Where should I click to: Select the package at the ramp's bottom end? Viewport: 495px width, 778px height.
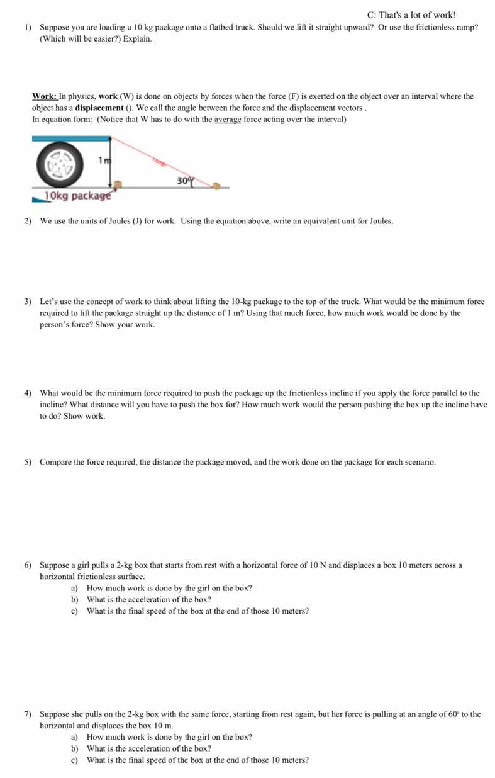(x=216, y=186)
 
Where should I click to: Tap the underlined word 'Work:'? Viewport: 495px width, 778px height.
(x=45, y=96)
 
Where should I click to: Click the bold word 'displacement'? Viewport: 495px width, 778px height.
(x=99, y=108)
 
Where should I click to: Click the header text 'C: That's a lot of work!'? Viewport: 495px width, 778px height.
(x=411, y=14)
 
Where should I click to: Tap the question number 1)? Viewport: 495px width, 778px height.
(x=28, y=28)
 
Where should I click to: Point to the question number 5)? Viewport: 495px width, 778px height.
(x=28, y=462)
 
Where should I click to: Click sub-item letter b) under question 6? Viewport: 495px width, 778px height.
(x=74, y=599)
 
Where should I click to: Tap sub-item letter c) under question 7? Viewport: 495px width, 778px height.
(x=74, y=760)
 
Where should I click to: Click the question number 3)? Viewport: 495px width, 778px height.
(x=28, y=302)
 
